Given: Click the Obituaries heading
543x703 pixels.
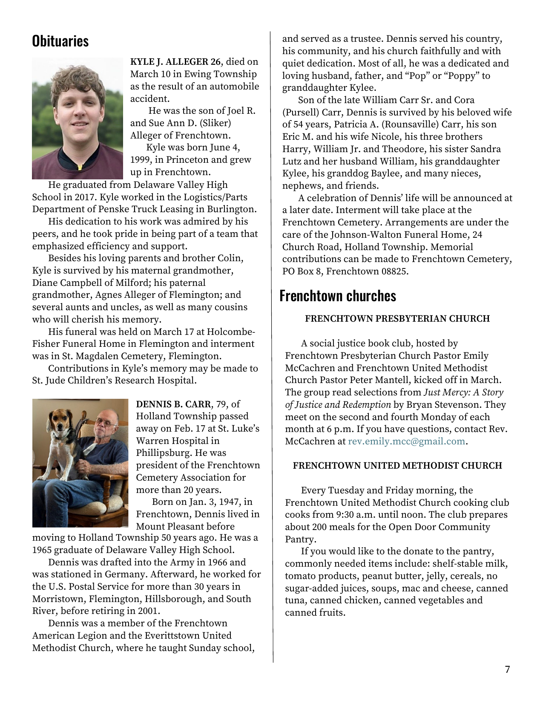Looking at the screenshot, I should pos(60,41).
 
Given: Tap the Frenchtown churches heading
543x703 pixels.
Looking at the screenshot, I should pos(337,296).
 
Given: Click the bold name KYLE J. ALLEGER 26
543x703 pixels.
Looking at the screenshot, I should pos(175,62).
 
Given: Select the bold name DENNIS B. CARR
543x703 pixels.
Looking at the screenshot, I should pos(173,404).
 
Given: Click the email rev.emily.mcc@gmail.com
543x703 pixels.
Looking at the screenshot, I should pos(406,441).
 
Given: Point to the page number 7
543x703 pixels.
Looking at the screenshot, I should pos(507,670).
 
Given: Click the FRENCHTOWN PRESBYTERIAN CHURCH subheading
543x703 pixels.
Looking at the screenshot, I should pos(397,319).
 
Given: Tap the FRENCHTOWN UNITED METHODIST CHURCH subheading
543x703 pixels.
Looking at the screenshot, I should pos(397,466).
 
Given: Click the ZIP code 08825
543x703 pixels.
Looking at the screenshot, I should pos(394,271).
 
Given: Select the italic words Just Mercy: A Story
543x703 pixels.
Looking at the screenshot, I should pos(463,392).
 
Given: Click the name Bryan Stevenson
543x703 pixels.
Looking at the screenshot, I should pos(445,405).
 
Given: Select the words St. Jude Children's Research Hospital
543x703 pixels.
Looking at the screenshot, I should pos(114,380).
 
